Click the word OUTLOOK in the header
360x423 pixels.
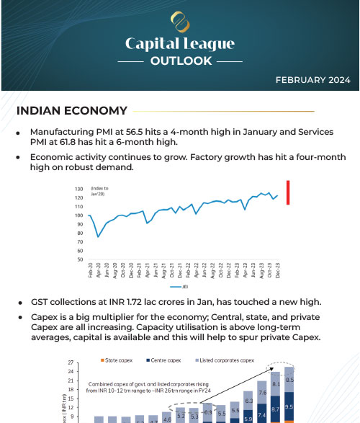[179, 61]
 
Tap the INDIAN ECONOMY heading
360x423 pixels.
[71, 111]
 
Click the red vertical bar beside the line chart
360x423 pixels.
[288, 192]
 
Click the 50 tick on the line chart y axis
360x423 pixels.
[80, 259]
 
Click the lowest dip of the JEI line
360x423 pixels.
[99, 236]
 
